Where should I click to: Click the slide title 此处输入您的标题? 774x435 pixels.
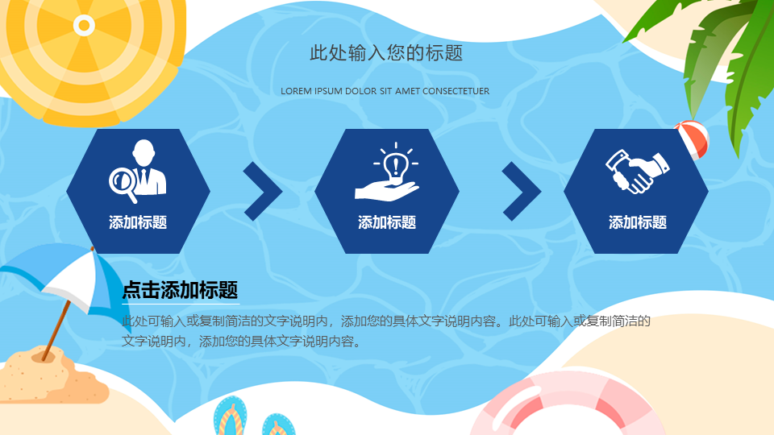pyautogui.click(x=386, y=53)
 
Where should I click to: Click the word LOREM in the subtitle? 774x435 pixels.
pyautogui.click(x=296, y=91)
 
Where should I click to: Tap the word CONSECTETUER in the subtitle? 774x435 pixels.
pyautogui.click(x=456, y=91)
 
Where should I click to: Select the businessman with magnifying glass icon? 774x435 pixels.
pyautogui.click(x=138, y=171)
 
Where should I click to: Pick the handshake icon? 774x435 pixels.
pyautogui.click(x=637, y=171)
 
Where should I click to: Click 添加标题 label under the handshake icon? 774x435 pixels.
pyautogui.click(x=637, y=222)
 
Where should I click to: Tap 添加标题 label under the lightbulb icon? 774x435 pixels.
pyautogui.click(x=387, y=222)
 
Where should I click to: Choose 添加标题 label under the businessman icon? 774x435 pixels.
pyautogui.click(x=138, y=222)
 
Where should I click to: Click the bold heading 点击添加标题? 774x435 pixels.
pyautogui.click(x=180, y=289)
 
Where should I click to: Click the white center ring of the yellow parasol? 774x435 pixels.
pyautogui.click(x=84, y=25)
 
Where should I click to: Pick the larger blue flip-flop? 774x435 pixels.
pyautogui.click(x=231, y=416)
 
